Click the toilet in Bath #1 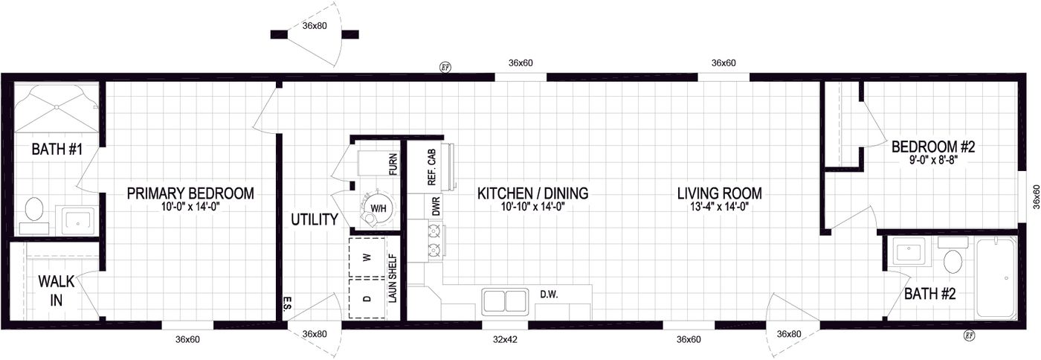(34, 210)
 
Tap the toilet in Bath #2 (953, 261)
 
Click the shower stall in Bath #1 (56, 108)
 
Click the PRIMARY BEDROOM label (190, 193)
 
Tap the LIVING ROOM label (719, 193)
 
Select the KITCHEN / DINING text (532, 193)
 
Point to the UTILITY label (315, 219)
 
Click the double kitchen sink (505, 301)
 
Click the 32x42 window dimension (504, 339)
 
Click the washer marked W (366, 257)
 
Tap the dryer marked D (366, 298)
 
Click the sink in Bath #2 (907, 251)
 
